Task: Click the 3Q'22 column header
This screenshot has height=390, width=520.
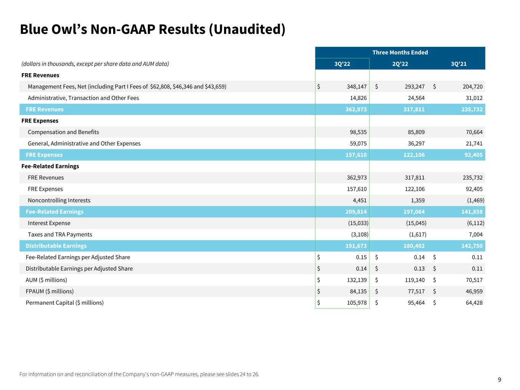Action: [342, 64]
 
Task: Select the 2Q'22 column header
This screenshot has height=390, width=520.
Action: [400, 64]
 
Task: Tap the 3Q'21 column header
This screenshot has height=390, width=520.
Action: [458, 64]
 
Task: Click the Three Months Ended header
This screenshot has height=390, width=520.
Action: [400, 53]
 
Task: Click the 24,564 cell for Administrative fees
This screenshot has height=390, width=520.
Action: [415, 98]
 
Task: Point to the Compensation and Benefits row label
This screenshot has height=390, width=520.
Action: [63, 132]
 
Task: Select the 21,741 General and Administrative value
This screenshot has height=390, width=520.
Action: [473, 144]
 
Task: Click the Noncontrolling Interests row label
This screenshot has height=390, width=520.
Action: [59, 200]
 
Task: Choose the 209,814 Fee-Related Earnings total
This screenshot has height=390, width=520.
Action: [356, 212]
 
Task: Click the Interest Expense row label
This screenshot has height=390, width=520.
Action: [49, 223]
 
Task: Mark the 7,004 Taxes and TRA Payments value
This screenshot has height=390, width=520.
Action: [474, 235]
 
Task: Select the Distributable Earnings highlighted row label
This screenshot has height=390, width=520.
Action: [56, 246]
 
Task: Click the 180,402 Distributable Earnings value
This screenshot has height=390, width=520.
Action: [414, 246]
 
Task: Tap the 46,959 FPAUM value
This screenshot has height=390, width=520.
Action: [473, 291]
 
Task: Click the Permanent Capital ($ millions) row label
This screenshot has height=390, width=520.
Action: [64, 303]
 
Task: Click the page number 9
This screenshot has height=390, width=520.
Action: [499, 380]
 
